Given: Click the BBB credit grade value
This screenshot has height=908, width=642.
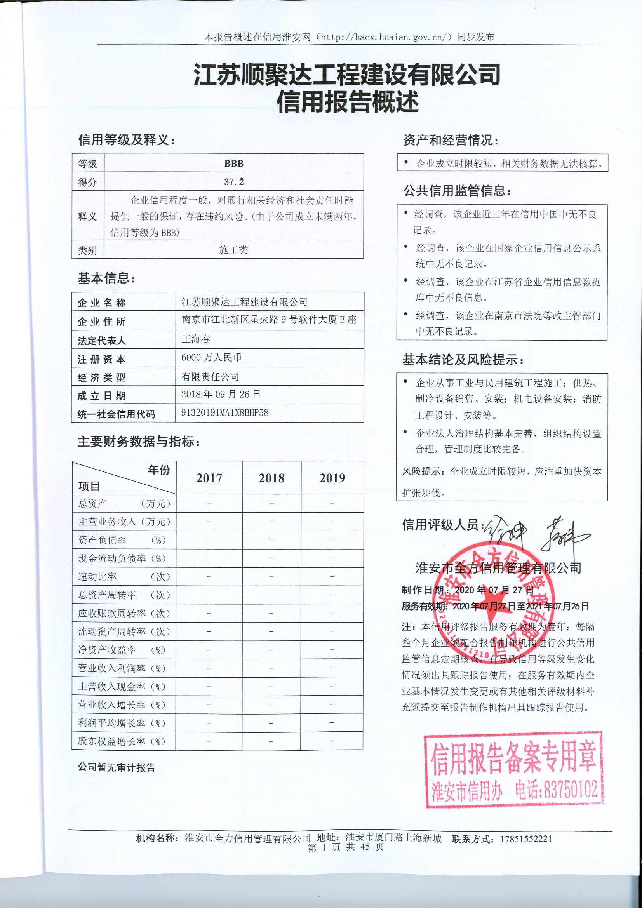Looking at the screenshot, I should coord(233,164).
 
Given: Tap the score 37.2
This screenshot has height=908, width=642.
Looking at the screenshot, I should coord(234,182).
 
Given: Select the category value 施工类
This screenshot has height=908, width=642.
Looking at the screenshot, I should coord(233,250).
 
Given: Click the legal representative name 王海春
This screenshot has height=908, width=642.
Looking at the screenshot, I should coord(196,339).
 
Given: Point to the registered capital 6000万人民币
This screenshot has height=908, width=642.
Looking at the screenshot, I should coord(211,358).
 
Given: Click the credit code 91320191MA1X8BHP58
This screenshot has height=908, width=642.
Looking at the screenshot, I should coord(224,413).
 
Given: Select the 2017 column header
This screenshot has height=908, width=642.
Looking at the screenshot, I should coord(209,478).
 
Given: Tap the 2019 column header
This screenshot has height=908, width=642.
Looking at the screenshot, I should coord(332,478).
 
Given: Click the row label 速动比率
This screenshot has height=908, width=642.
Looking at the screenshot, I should coord(97,577).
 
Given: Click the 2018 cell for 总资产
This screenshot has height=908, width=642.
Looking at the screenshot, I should coord(271,503).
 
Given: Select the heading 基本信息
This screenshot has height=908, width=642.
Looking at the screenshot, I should coord(106,278).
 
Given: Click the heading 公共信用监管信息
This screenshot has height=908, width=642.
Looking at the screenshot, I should coord(457,191).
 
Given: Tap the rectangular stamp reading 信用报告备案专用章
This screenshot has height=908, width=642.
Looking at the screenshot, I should coord(513,769).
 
